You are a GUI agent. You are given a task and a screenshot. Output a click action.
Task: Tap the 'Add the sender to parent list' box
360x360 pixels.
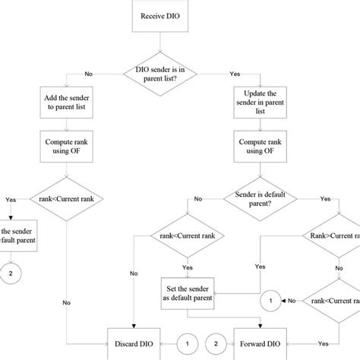[x=66, y=100]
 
